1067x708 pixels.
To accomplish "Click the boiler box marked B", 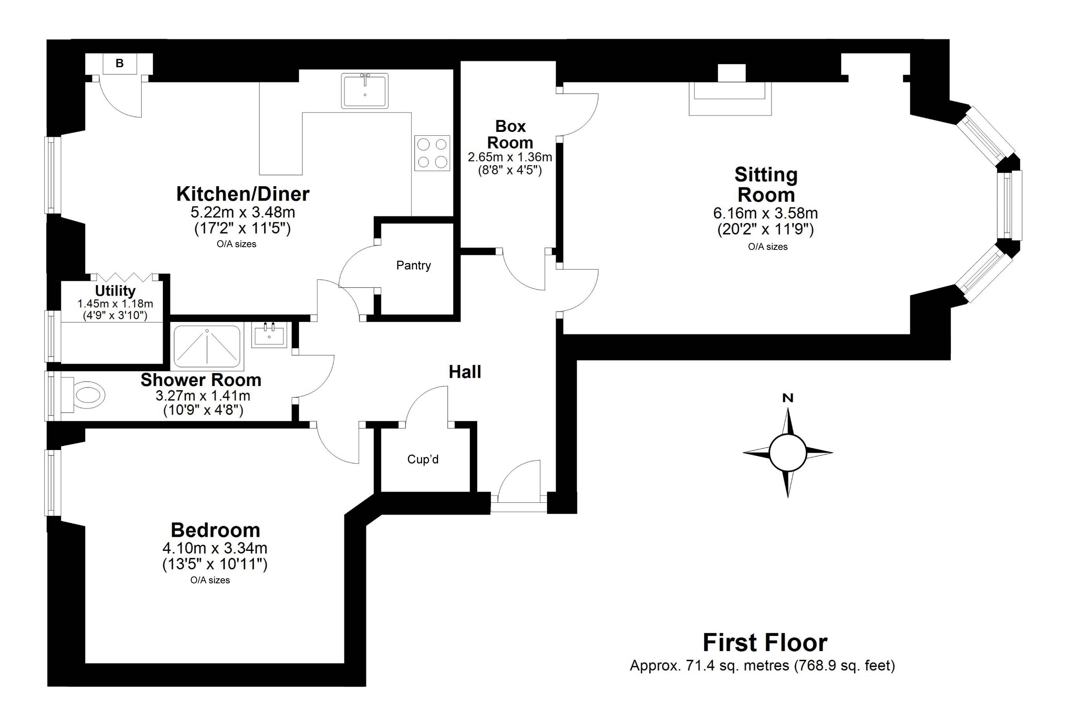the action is pos(120,64).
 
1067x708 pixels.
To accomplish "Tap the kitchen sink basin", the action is pos(365,91).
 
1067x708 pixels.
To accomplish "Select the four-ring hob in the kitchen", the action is pos(432,153).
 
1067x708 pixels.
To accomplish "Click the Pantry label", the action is pos(414,265).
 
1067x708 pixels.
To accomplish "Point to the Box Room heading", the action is pos(510,134).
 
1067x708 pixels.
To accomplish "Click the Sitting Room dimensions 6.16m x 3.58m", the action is pos(766,213).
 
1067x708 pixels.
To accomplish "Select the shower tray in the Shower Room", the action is pos(207,346).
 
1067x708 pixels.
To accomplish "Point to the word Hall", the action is pos(465,372).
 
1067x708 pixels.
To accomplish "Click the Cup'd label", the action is pos(423,459).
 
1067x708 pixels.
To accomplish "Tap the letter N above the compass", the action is pos(788,398).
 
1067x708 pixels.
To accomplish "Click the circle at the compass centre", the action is pos(788,452).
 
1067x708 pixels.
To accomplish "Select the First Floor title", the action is pos(766,642).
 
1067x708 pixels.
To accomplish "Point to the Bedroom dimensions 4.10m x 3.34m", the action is pos(215,548).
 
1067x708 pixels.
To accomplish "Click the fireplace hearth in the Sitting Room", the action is pos(730,99).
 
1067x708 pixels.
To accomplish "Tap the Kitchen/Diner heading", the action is pos(243,194).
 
